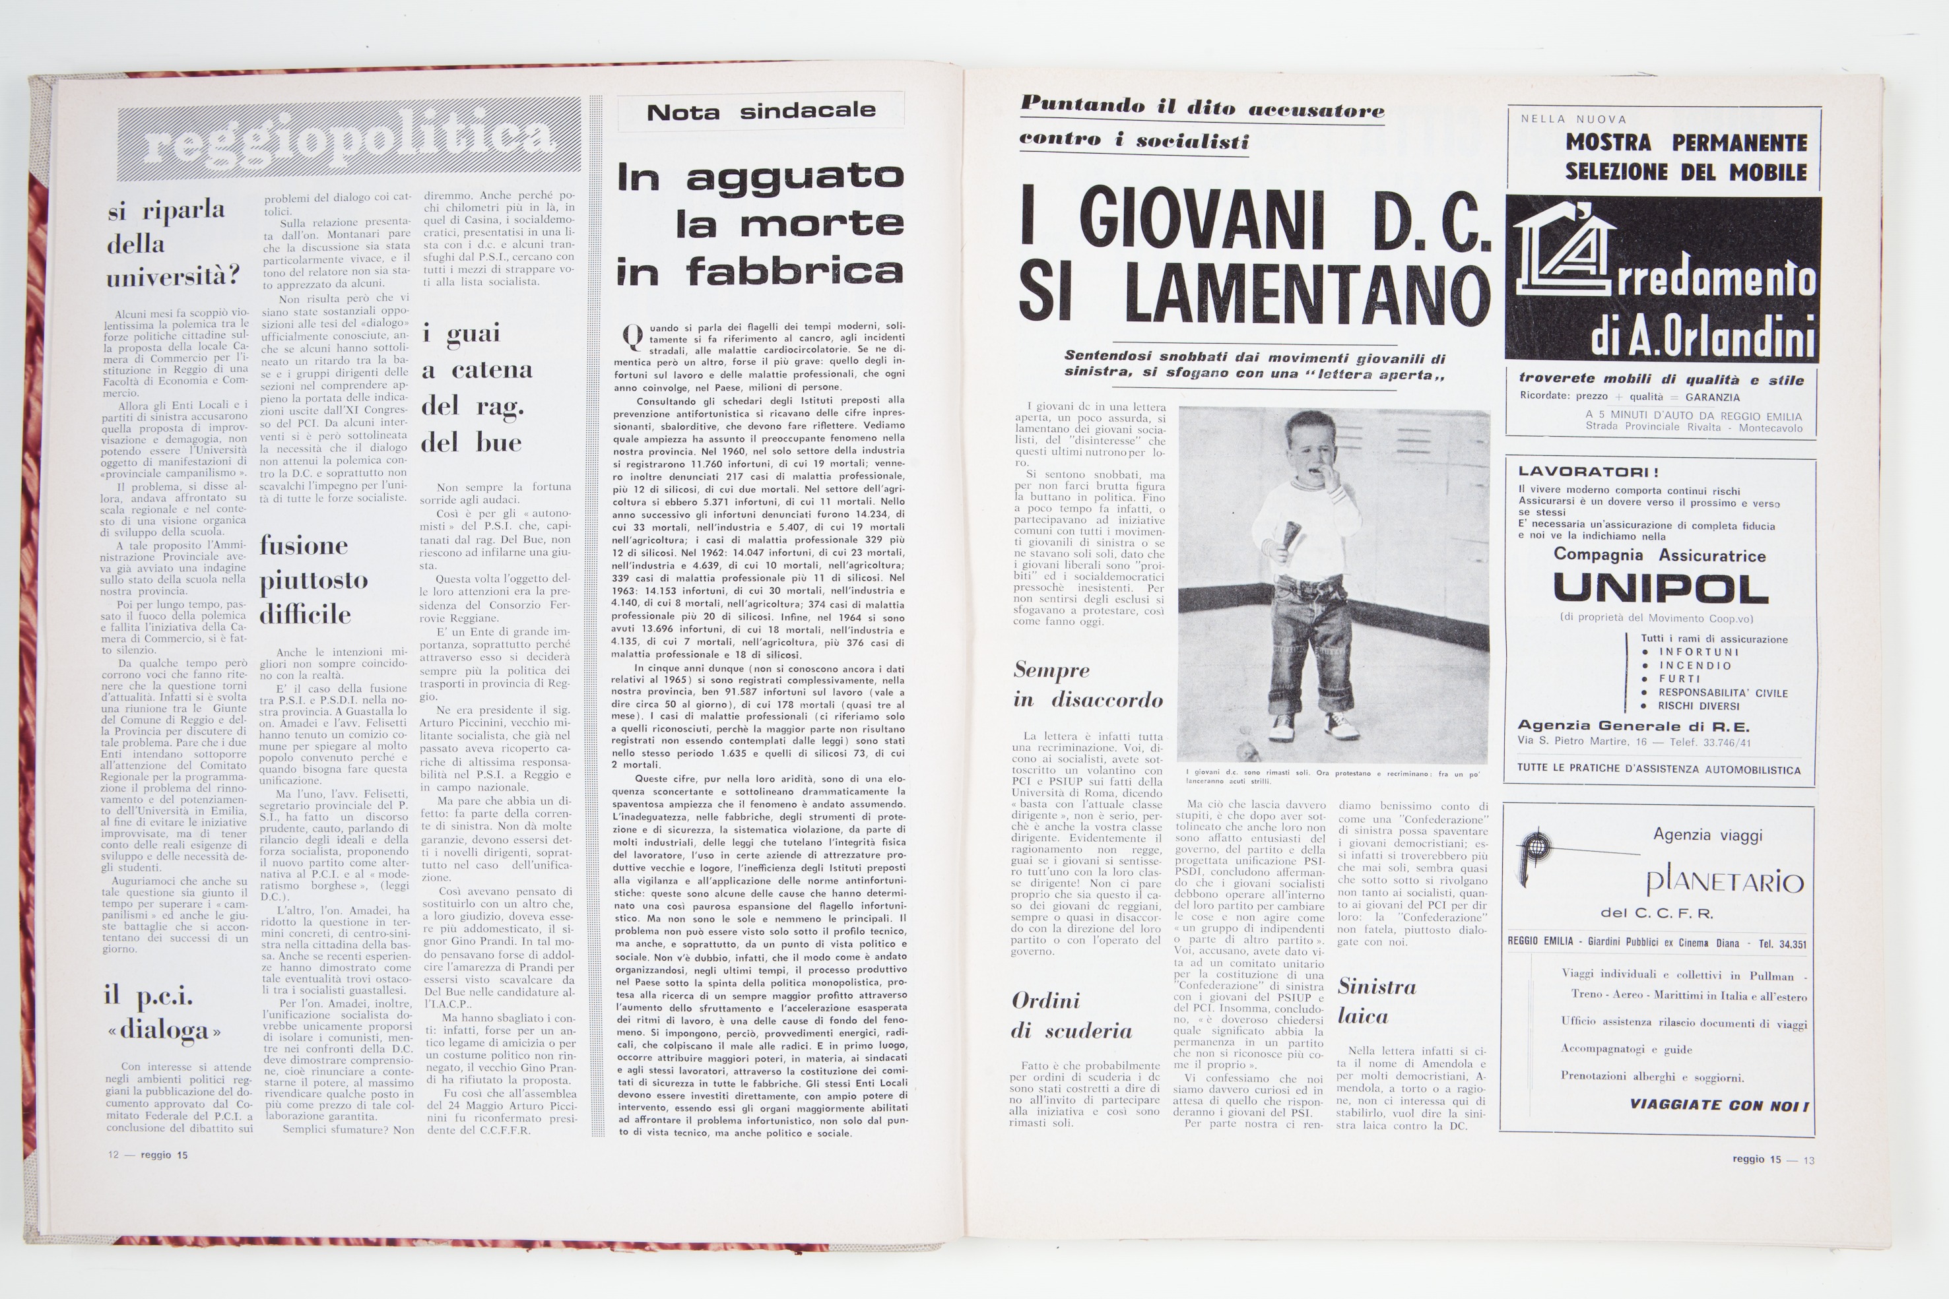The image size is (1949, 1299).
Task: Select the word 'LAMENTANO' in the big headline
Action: pos(1307,294)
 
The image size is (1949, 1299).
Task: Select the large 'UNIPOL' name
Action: pos(1660,589)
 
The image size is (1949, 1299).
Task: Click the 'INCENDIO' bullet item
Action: pos(1695,665)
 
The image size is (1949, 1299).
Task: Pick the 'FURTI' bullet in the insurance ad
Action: pos(1680,678)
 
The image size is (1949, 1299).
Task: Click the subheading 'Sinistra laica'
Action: pos(1376,1001)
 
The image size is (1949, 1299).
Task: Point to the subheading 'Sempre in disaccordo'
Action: pos(1087,684)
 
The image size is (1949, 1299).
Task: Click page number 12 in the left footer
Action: pos(114,1155)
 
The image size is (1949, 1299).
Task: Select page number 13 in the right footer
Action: pos(1809,1160)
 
